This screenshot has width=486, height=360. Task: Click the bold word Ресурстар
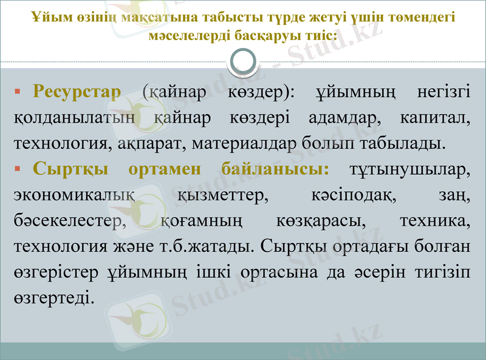point(77,92)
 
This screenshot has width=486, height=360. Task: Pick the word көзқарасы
point(316,222)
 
